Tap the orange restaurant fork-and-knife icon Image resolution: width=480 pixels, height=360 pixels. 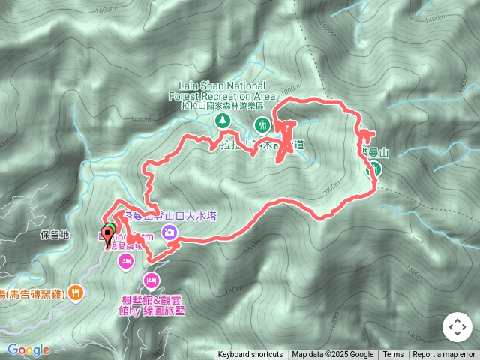(75, 293)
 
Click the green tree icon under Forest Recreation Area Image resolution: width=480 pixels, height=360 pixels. (222, 120)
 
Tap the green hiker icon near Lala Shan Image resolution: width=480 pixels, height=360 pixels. (261, 124)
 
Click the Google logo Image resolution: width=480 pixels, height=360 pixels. (28, 349)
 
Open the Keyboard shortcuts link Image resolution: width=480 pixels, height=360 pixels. (250, 355)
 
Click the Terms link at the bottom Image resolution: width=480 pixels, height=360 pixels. (393, 355)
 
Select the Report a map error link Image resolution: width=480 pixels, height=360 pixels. (444, 355)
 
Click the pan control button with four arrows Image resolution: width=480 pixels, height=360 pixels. (457, 328)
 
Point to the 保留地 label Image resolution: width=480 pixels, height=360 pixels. (55, 235)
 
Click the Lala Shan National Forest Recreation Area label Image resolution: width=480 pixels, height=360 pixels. (228, 91)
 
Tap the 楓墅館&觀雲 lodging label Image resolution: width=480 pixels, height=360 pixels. (149, 298)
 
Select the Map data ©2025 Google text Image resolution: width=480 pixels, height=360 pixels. (332, 355)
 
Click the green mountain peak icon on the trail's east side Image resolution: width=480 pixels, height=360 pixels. (370, 169)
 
